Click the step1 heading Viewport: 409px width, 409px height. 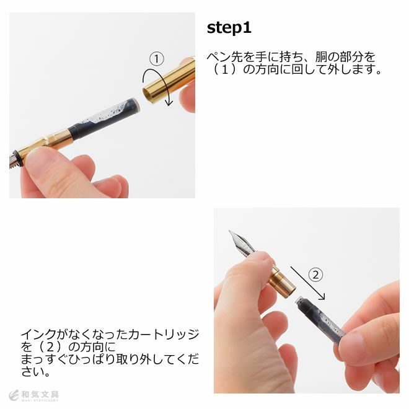pos(229,28)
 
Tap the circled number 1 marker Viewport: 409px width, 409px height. pos(157,59)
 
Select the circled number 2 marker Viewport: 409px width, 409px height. pos(315,275)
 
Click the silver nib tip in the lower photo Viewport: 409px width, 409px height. pos(230,232)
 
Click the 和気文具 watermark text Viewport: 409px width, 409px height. pos(40,394)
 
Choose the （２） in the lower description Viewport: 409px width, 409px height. pos(50,347)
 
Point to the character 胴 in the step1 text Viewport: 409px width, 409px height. pos(321,57)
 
